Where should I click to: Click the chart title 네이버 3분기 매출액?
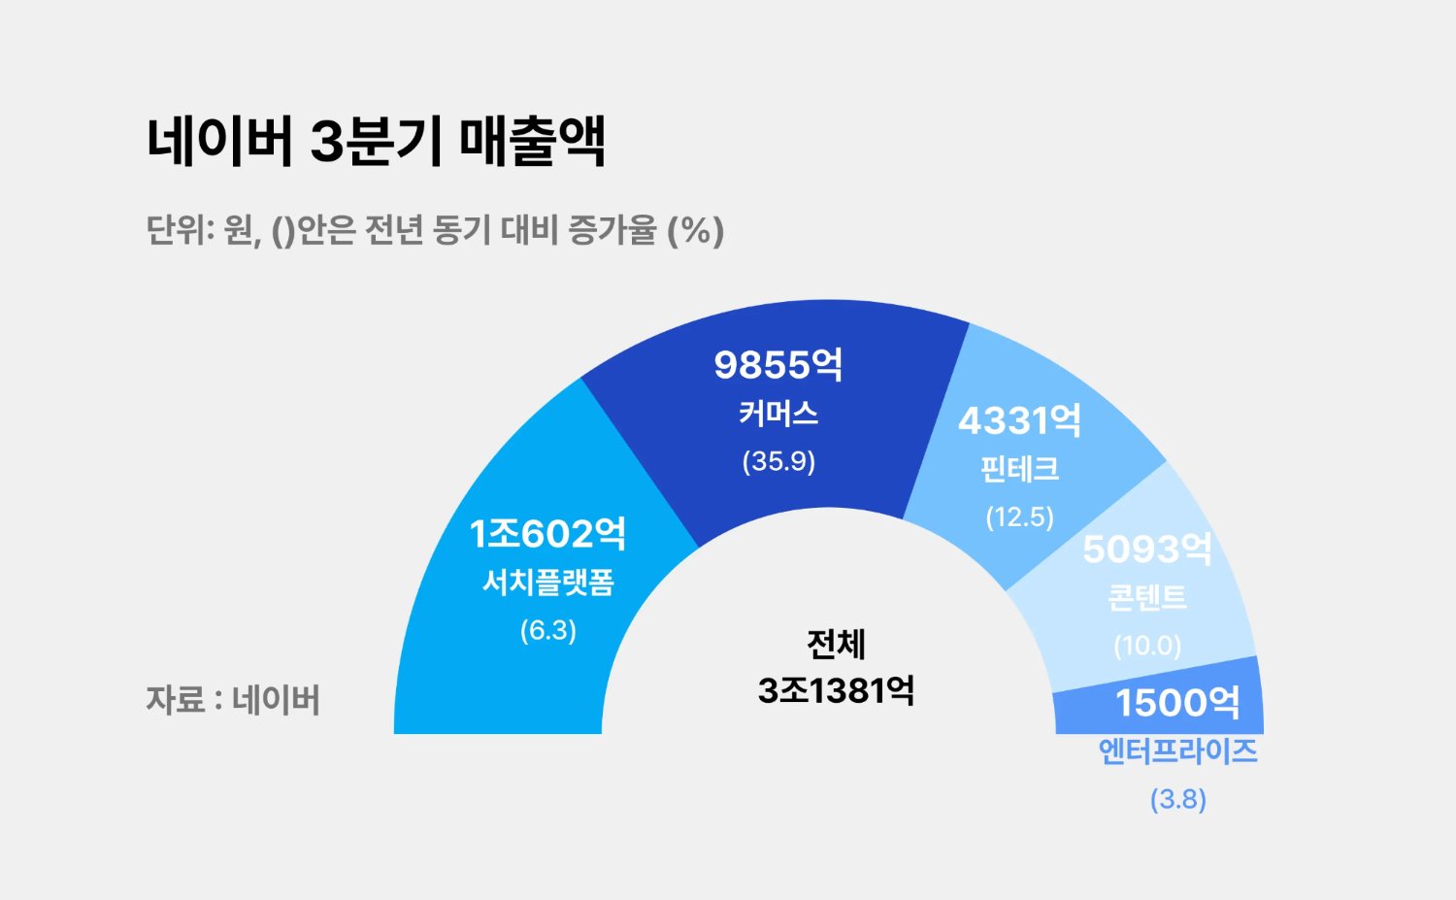tap(376, 141)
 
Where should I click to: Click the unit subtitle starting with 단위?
tap(435, 231)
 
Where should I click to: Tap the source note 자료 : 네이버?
tap(233, 700)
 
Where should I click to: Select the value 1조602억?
tap(547, 534)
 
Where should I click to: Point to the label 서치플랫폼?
tap(548, 583)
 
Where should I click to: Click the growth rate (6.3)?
tap(548, 630)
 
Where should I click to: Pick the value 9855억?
tap(778, 365)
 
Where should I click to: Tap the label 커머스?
tap(778, 414)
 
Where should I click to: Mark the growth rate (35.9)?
tap(778, 461)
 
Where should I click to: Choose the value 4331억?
tap(1019, 420)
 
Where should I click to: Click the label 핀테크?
tap(1019, 469)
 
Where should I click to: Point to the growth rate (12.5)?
tap(1019, 517)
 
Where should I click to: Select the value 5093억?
tap(1147, 550)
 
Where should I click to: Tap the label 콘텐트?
tap(1147, 597)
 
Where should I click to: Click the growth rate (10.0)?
tap(1147, 646)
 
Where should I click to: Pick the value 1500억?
tap(1177, 703)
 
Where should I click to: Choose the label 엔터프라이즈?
tap(1177, 751)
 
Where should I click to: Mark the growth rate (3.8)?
tap(1177, 800)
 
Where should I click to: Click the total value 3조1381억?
tap(836, 690)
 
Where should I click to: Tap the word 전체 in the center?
tap(836, 644)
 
